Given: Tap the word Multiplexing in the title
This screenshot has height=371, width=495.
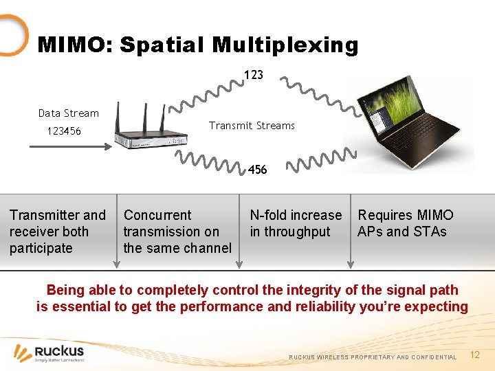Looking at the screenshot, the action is click(x=285, y=45).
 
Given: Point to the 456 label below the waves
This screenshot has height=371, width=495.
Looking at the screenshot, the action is click(x=257, y=170).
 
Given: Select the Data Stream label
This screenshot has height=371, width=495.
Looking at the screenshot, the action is click(x=69, y=113).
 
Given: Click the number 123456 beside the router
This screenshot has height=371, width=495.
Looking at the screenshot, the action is click(x=63, y=131).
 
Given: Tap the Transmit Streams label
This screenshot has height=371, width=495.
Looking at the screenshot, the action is click(x=252, y=126).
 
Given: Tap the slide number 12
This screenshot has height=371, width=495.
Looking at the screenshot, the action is click(x=474, y=355).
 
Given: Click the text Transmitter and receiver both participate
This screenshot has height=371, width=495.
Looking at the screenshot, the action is click(x=58, y=232).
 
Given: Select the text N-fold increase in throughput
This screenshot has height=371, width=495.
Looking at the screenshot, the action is click(x=296, y=223).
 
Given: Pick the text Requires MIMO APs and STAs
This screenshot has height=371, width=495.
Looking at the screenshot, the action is click(x=405, y=223).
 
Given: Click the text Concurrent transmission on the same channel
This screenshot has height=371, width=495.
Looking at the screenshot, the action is click(x=177, y=232).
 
